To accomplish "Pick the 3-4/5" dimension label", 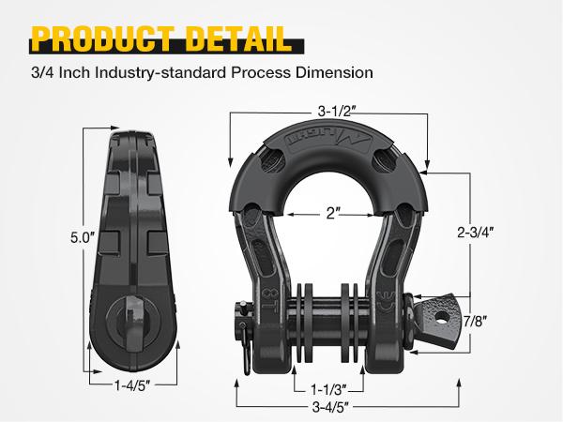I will (x=329, y=406).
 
